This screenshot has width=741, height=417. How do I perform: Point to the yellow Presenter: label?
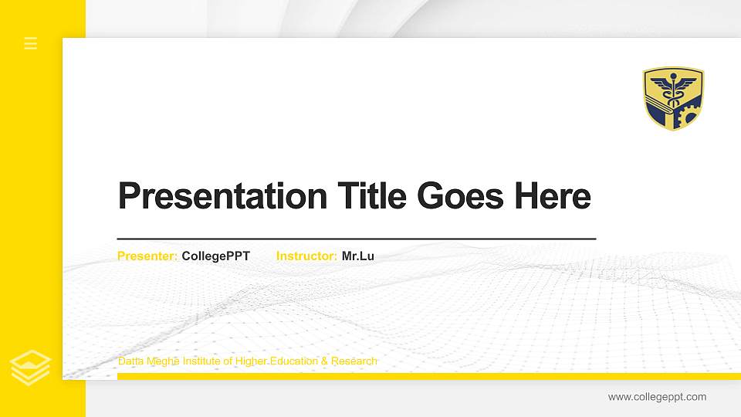(x=147, y=256)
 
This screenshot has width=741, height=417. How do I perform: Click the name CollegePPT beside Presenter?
(x=216, y=256)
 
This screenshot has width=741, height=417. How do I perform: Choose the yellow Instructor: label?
(x=306, y=256)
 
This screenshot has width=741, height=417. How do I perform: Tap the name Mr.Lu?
(x=358, y=256)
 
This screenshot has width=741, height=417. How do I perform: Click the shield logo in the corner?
(x=673, y=98)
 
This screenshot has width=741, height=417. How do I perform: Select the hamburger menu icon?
(x=31, y=43)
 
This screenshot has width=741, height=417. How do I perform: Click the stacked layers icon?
(x=30, y=368)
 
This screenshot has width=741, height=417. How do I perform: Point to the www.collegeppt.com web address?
(x=657, y=397)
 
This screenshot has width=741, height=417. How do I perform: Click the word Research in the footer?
(x=354, y=361)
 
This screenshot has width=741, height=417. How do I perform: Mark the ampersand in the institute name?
(x=325, y=361)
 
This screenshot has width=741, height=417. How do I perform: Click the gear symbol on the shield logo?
(x=686, y=116)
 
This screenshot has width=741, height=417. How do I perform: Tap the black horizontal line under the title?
(x=357, y=239)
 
